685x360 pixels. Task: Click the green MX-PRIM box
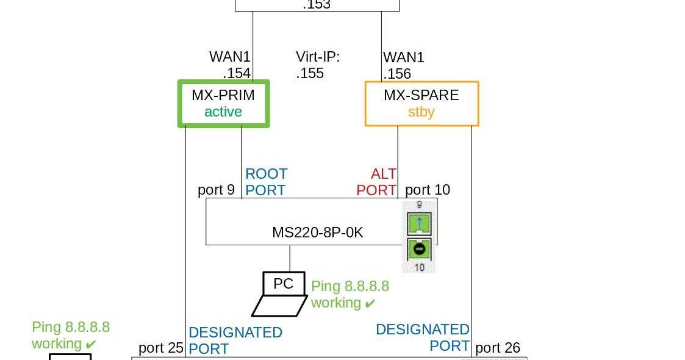[x=223, y=104]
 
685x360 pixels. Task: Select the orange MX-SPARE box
[x=421, y=104]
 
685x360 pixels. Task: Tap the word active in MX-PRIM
[x=223, y=112]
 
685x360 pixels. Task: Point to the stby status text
[x=421, y=112]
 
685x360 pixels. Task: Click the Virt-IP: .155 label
[x=317, y=65]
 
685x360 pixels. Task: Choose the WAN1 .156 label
[x=403, y=65]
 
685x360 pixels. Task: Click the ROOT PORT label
[x=266, y=182]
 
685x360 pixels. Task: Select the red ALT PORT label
[x=377, y=182]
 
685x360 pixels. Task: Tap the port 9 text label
[x=216, y=190]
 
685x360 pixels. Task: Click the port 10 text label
[x=428, y=190]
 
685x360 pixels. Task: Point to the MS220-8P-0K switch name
[x=317, y=233]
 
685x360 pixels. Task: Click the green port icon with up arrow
[x=419, y=223]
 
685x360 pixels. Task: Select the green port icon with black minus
[x=419, y=249]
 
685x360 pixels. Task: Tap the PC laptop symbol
[x=281, y=295]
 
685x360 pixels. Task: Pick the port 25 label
[x=161, y=348]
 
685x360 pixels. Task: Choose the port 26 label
[x=497, y=348]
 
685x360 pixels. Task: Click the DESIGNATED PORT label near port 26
[x=423, y=337]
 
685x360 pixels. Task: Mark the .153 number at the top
[x=317, y=5]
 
